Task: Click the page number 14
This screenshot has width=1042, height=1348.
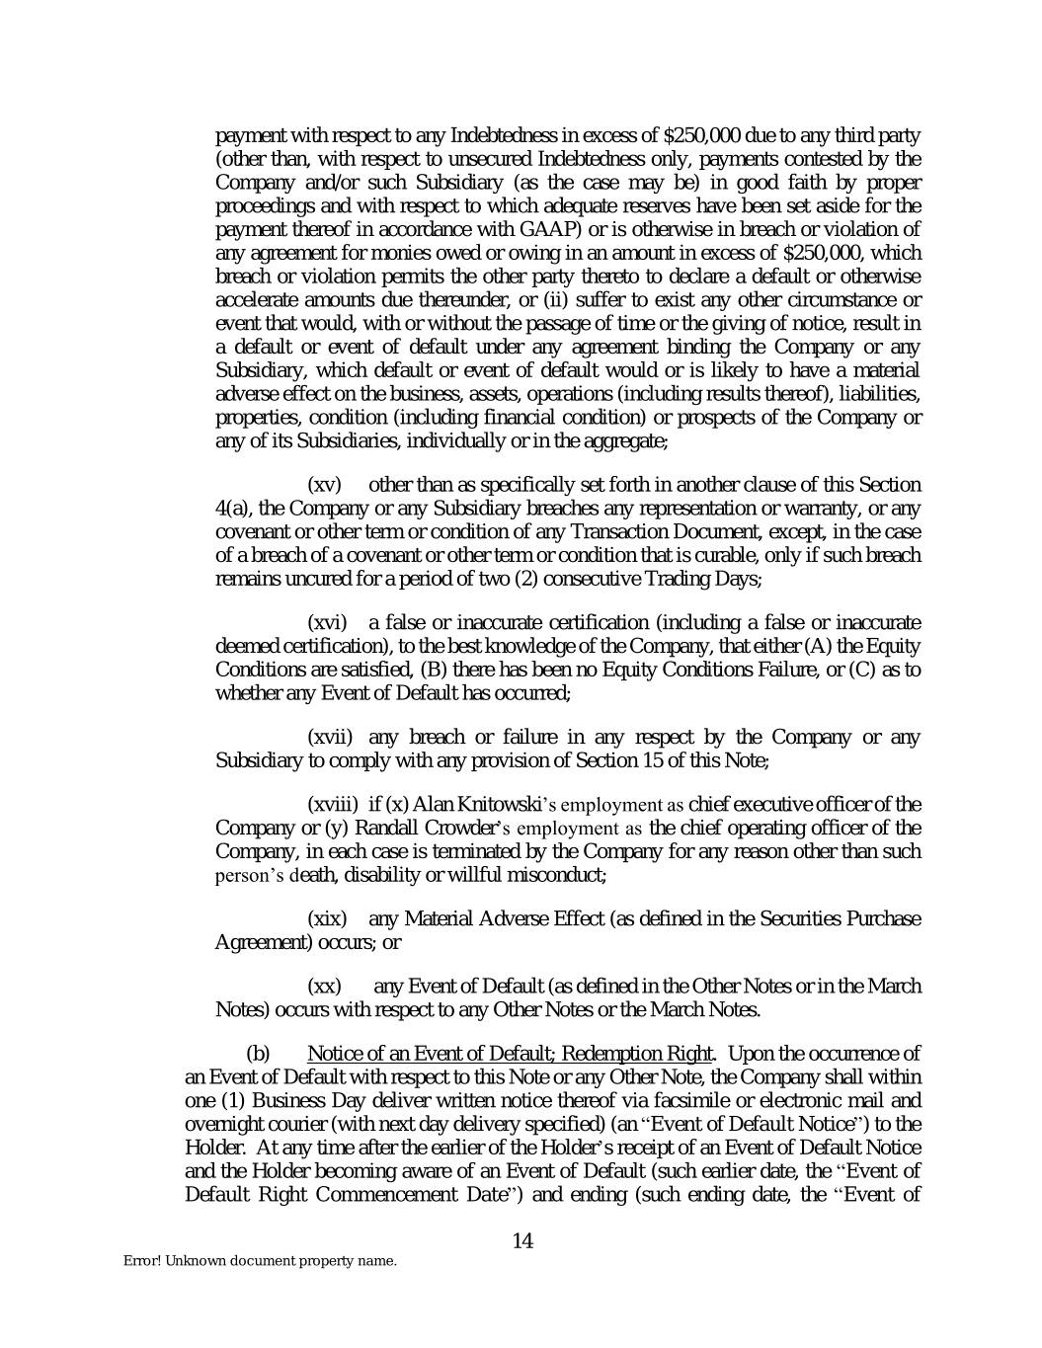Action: pyautogui.click(x=522, y=1240)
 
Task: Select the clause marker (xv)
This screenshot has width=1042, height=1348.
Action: pyautogui.click(x=325, y=485)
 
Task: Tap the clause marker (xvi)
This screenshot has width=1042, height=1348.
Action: pyautogui.click(x=328, y=622)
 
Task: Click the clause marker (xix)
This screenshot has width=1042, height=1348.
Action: pyautogui.click(x=328, y=919)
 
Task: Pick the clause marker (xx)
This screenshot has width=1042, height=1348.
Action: pyautogui.click(x=325, y=987)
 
